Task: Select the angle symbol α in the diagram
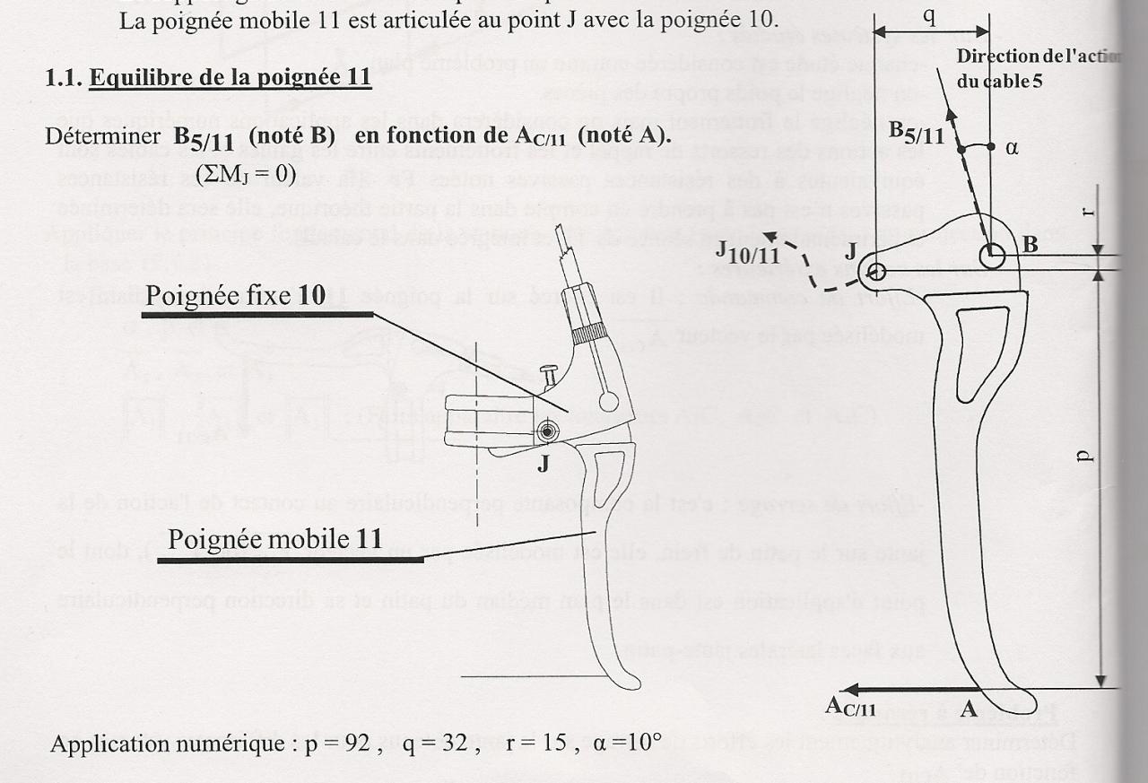coord(1012,147)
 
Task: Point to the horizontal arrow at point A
coord(906,689)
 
